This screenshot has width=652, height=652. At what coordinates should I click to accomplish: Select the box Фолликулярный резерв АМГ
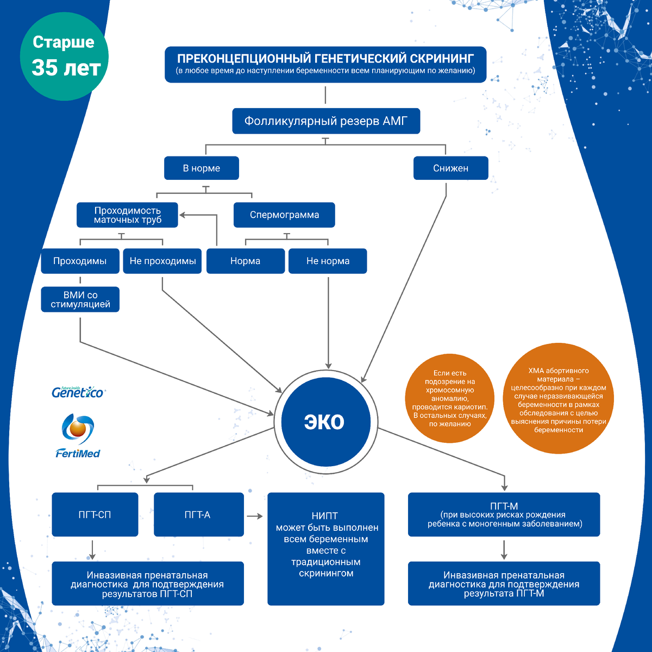coord(325,121)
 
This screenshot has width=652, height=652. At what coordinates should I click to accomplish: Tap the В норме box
coord(201,168)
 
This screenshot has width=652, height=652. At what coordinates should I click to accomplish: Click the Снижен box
coord(450,168)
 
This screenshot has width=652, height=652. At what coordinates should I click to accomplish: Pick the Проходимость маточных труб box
coord(128,215)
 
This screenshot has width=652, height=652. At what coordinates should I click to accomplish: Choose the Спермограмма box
coord(284,215)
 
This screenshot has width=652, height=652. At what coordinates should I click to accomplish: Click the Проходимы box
coord(80,261)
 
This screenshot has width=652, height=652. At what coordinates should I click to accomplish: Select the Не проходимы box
coord(162,261)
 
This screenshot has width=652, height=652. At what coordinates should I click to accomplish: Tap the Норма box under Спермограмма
coord(245,261)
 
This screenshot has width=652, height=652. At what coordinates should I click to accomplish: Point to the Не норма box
coord(328,261)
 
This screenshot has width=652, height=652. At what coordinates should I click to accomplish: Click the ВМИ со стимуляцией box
coord(80,299)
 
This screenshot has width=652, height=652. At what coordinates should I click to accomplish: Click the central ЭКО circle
coord(325,422)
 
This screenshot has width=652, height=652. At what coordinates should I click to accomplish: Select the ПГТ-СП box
coord(95,515)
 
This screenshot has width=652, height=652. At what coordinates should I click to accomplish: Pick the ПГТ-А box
coord(198,515)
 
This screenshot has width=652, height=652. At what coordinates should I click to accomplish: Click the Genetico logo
coord(78,392)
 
